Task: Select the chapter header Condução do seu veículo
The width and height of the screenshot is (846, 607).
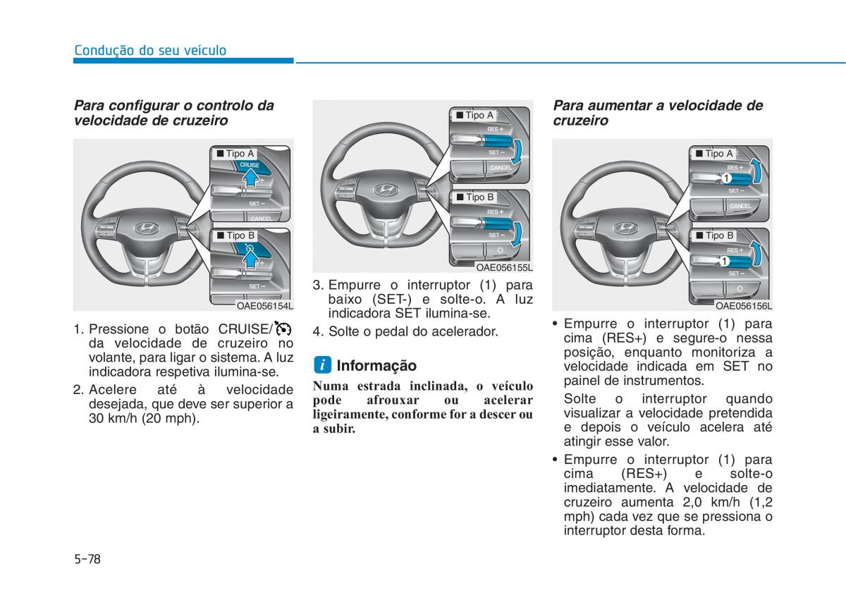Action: (x=150, y=50)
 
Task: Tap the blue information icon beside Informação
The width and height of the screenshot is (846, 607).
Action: (x=322, y=365)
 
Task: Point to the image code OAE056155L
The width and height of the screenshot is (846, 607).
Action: (x=504, y=267)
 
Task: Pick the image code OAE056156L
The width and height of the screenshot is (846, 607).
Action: (x=744, y=306)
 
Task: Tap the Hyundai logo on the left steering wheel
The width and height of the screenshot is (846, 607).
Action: (x=146, y=228)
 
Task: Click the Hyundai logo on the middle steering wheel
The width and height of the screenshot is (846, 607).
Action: (x=385, y=190)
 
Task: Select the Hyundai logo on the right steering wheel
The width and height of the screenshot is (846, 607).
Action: (x=625, y=228)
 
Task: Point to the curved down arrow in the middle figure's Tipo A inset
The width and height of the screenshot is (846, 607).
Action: (x=516, y=152)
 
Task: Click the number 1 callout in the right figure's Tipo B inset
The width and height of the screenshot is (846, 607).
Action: (x=724, y=261)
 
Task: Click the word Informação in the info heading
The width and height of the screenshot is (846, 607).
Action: (x=376, y=365)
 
